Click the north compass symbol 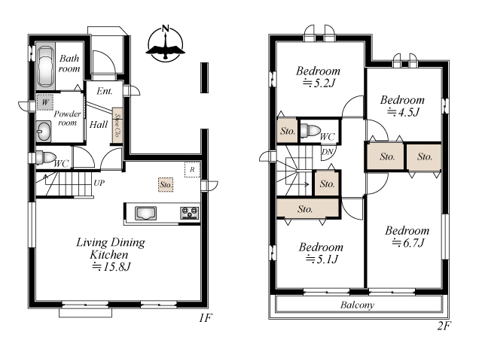166,44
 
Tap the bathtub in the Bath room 47,66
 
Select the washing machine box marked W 45,102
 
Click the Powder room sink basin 44,132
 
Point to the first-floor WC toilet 45,158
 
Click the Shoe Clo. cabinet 117,126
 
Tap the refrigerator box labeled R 193,169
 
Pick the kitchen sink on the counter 145,214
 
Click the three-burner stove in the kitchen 189,213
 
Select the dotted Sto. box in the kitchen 166,185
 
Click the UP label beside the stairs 99,184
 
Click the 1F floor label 206,318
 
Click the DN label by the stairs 328,152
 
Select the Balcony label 357,305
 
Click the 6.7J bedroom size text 408,243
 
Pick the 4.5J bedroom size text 403,112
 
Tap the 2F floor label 444,326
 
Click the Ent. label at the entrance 105,91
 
